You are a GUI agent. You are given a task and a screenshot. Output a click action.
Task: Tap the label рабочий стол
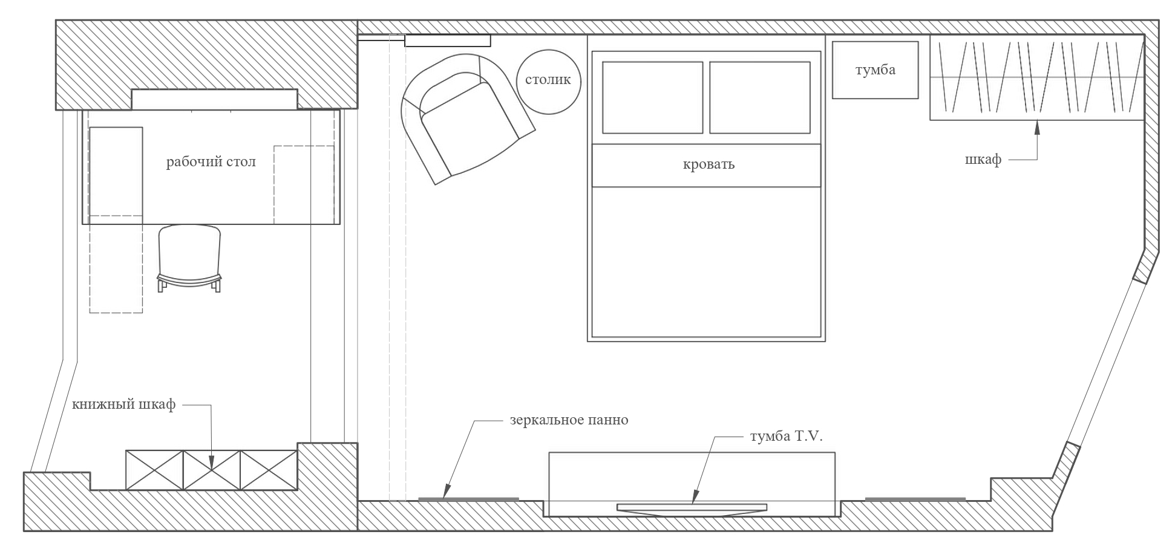pos(211,162)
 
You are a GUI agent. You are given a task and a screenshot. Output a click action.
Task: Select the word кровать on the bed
pos(709,164)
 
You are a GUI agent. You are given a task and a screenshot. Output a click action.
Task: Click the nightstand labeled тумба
pos(875,70)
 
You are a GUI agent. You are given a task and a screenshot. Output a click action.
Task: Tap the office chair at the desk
pos(189,258)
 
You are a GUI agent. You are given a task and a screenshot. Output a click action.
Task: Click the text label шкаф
pos(983,160)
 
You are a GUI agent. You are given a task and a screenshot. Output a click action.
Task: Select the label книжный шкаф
pos(123,405)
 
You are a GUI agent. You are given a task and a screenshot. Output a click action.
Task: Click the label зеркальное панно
pos(568,420)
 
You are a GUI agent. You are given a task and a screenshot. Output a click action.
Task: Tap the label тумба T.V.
pos(786,437)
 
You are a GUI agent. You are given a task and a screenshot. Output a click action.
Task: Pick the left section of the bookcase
pos(154,470)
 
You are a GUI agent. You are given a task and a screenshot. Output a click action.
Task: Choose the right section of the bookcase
pos(269,470)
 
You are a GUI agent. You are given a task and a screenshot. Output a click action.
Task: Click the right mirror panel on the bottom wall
pos(915,499)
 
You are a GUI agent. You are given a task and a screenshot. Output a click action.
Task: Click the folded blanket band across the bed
pos(706,165)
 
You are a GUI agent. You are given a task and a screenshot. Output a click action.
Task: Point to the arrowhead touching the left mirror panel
pos(446,493)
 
